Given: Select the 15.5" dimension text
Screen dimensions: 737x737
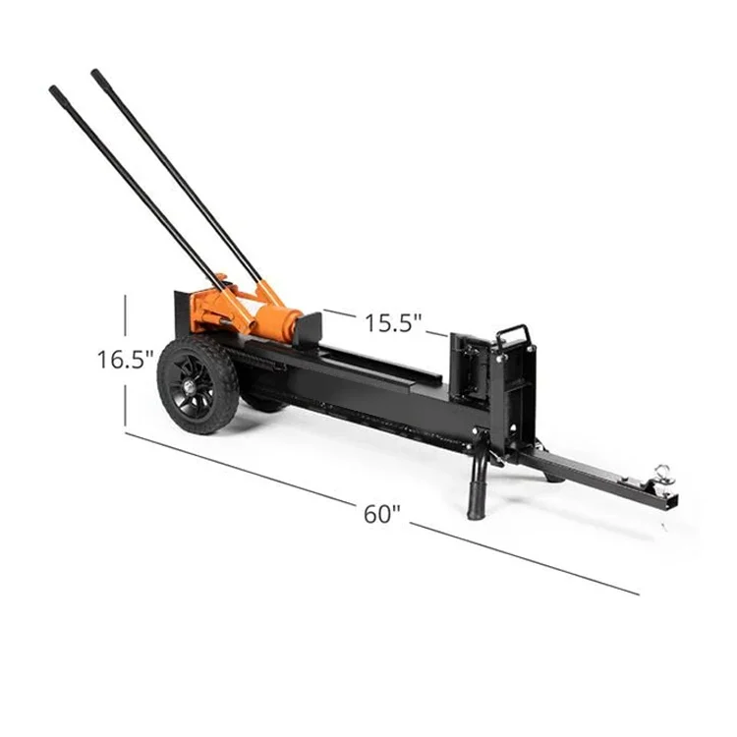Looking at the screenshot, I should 393,322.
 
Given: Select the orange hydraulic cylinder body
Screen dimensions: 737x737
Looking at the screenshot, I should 278,320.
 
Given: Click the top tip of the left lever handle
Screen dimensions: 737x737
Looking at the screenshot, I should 53,90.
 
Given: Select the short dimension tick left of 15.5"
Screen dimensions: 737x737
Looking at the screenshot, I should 340,314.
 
